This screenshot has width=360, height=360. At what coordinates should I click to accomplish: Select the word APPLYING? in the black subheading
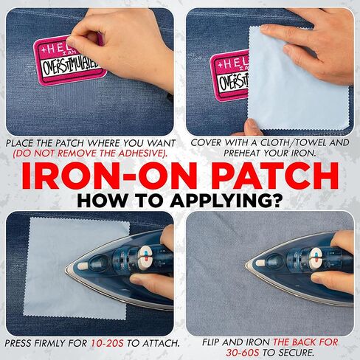tap(226, 201)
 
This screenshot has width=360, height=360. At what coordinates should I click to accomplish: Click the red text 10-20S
tap(107, 343)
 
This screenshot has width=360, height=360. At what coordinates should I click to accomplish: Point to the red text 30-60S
tap(243, 353)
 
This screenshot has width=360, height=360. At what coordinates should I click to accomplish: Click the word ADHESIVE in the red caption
tap(141, 153)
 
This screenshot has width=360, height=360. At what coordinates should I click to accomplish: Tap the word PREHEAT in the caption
tap(242, 153)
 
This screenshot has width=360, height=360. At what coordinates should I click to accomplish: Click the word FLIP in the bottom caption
tap(211, 342)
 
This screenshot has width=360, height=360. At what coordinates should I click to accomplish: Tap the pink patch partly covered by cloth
tap(229, 75)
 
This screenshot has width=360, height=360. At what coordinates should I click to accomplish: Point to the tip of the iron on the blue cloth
tap(66, 270)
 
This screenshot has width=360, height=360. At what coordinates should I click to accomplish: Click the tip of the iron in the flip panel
tap(246, 265)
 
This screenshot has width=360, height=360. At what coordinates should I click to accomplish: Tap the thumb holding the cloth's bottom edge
tap(253, 127)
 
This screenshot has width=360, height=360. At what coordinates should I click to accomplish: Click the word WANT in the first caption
tap(161, 143)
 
